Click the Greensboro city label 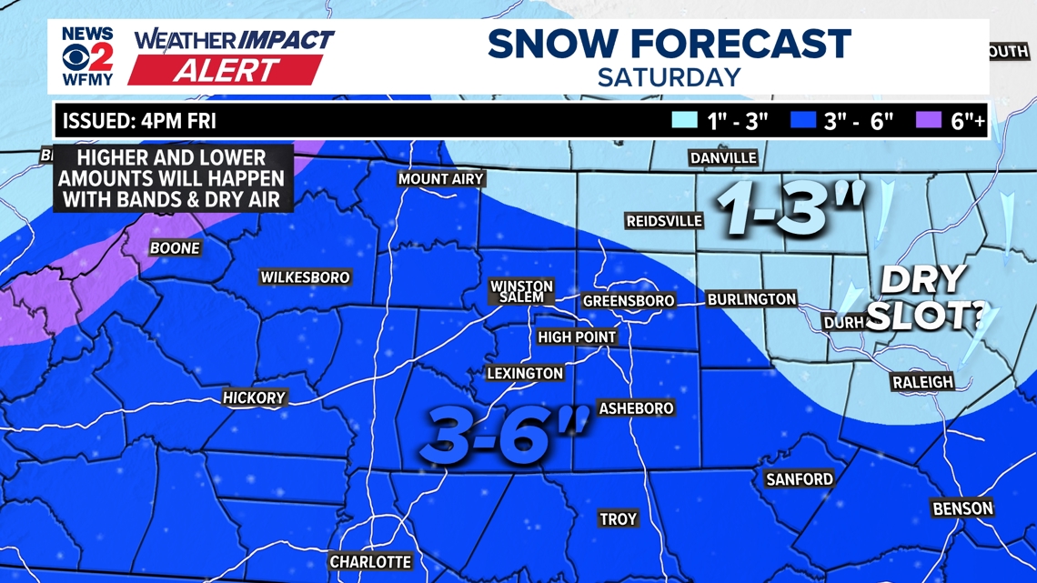(629, 301)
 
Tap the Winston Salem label (522, 292)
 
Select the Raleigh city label (922, 383)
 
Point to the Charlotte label (370, 562)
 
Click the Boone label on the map (175, 248)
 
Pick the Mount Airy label (441, 179)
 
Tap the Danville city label (723, 158)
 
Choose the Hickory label (255, 397)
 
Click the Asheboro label (636, 408)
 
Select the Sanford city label (800, 478)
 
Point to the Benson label (962, 508)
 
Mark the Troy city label (618, 519)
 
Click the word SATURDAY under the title (669, 77)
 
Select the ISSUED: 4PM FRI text (139, 121)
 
